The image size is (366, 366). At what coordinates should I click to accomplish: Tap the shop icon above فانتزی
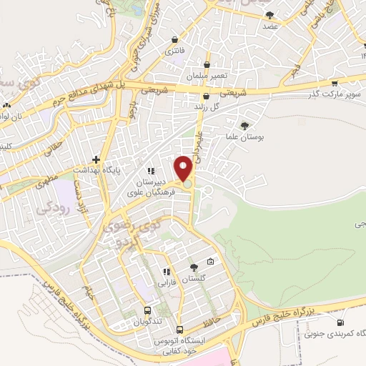[175, 40]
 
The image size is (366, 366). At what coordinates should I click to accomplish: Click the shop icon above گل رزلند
[207, 96]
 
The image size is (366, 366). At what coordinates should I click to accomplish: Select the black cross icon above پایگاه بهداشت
[105, 159]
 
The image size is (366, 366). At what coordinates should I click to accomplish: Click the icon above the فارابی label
[166, 272]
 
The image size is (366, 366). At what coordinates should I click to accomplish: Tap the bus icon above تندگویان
[147, 311]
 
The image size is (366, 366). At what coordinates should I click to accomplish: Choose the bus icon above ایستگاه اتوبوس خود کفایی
[179, 330]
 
